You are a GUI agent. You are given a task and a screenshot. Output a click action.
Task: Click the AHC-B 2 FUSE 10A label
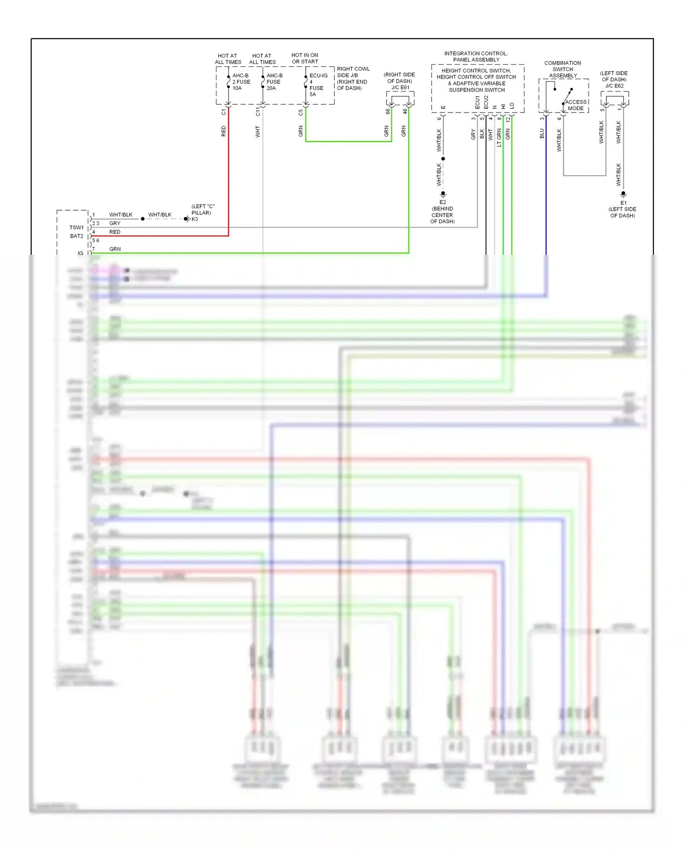pyautogui.click(x=241, y=82)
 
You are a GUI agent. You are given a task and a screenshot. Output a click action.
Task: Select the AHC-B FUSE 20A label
pyautogui.click(x=274, y=82)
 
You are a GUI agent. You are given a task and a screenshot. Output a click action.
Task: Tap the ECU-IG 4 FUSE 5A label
pyautogui.click(x=318, y=85)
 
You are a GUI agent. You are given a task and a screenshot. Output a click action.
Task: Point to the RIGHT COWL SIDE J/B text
pyautogui.click(x=353, y=72)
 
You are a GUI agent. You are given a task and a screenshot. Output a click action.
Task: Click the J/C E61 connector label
pyautogui.click(x=400, y=87)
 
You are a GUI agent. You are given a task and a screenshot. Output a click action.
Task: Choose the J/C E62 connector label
pyautogui.click(x=614, y=86)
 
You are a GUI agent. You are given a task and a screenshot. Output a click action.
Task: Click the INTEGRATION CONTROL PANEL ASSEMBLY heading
pyautogui.click(x=476, y=57)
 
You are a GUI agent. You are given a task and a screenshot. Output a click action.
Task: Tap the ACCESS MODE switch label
pyautogui.click(x=576, y=105)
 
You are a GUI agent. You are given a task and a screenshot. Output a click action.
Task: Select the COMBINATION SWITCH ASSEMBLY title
pyautogui.click(x=563, y=69)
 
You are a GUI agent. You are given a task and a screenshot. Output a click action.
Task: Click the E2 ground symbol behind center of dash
pyautogui.click(x=443, y=193)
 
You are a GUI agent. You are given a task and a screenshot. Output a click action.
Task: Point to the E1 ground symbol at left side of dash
pyautogui.click(x=623, y=194)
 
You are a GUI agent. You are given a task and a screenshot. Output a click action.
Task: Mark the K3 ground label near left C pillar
pyautogui.click(x=195, y=219)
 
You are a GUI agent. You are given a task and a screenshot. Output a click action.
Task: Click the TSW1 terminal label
pyautogui.click(x=76, y=227)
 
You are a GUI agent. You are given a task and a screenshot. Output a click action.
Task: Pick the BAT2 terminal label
pyautogui.click(x=77, y=236)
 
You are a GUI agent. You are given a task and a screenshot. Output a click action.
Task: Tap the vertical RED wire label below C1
pyautogui.click(x=224, y=131)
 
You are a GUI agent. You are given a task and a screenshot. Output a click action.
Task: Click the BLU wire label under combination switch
pyautogui.click(x=541, y=134)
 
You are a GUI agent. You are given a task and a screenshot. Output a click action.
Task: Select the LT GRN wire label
pyautogui.click(x=499, y=138)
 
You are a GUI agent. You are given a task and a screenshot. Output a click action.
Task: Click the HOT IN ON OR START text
pyautogui.click(x=305, y=58)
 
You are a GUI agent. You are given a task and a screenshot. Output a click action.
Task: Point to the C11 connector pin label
pyautogui.click(x=258, y=111)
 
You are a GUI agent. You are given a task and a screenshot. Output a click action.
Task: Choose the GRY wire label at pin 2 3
pyautogui.click(x=114, y=223)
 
